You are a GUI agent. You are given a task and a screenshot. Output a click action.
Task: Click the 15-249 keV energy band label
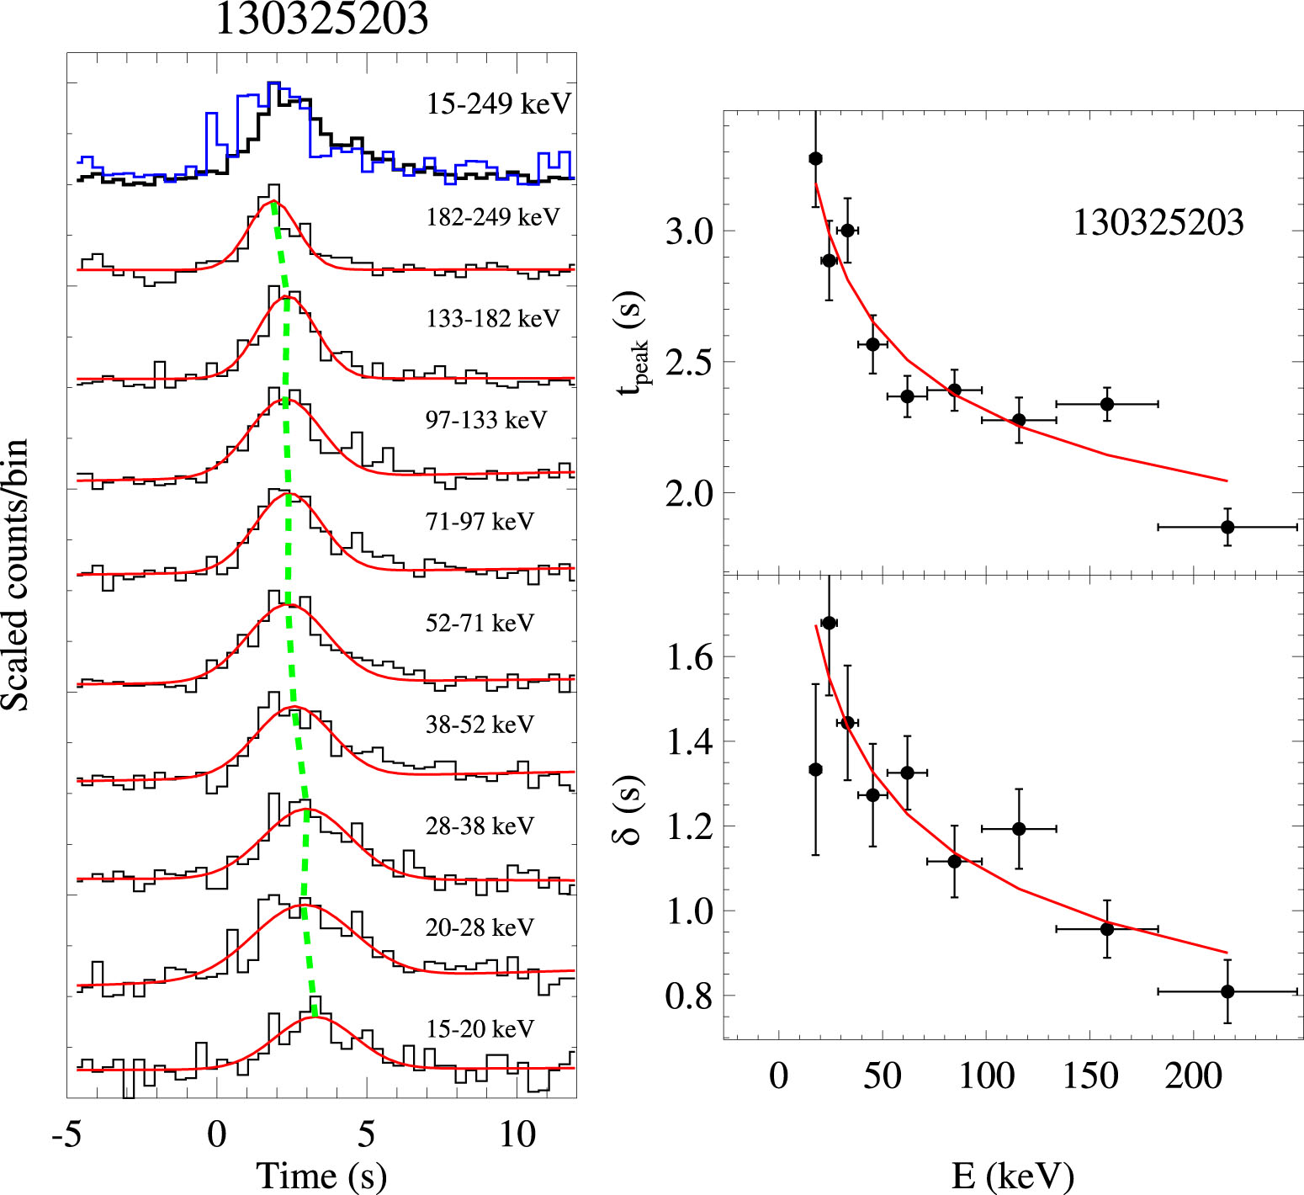coord(499,104)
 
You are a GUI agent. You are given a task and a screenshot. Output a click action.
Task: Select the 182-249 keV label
coord(493,217)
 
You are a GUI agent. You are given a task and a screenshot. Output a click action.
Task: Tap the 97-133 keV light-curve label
coord(486,420)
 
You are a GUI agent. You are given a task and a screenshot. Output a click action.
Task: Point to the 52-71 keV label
coord(480,623)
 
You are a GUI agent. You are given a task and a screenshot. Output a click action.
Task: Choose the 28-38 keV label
coord(480,826)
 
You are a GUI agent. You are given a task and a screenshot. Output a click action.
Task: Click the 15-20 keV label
coord(480,1028)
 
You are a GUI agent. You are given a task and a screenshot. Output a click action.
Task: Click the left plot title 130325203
coord(322,19)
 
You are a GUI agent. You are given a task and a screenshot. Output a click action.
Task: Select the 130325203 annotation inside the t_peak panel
coord(1158,223)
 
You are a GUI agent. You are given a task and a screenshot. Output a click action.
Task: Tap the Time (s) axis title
coord(321,1176)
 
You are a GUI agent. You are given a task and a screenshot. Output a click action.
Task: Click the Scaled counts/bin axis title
coord(17,575)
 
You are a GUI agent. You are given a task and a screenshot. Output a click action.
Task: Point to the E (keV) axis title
coord(1013,1176)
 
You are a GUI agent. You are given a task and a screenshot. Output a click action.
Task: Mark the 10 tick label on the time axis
coord(517,1135)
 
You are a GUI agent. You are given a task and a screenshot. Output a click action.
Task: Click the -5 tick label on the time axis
coord(66,1135)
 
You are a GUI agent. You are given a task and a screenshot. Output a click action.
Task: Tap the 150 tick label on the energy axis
coord(1090,1076)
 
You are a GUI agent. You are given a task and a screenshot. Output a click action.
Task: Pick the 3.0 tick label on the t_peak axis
coord(688,231)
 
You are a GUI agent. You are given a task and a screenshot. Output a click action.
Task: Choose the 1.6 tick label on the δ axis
coord(689,657)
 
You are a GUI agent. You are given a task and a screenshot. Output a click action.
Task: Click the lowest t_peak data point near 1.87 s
coord(1227,527)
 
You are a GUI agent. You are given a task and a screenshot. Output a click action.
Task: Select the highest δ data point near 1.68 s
coord(830,623)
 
